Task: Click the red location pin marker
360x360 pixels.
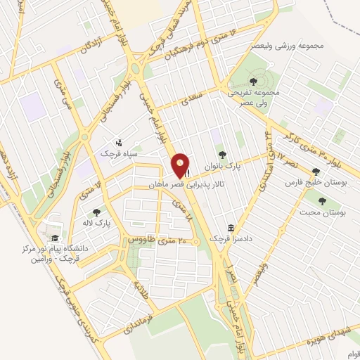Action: (181, 165)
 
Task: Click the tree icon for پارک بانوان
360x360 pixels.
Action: (222, 155)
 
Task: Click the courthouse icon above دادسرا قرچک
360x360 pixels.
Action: (231, 228)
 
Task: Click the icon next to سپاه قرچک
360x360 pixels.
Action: (118, 143)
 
